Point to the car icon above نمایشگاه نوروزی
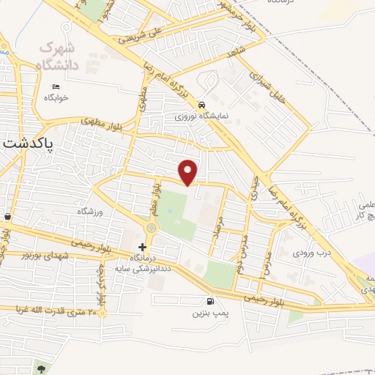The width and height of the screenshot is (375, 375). point(201,104)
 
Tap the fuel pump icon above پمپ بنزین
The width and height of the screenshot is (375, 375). point(211,300)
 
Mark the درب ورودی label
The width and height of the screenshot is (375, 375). point(307,253)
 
